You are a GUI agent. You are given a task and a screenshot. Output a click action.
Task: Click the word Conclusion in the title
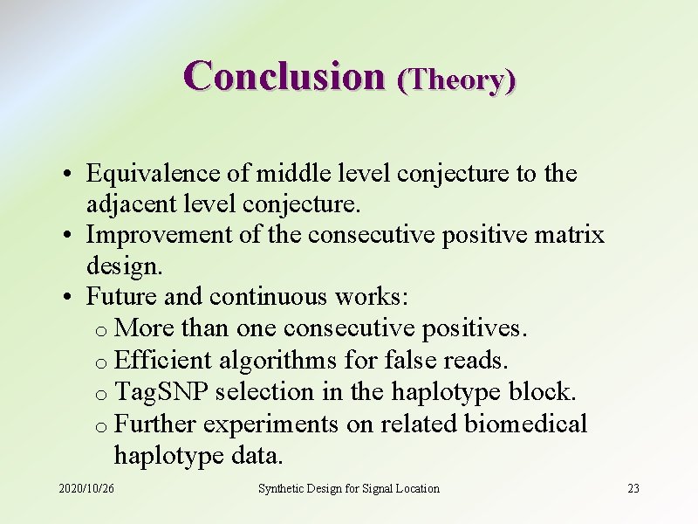click(x=284, y=76)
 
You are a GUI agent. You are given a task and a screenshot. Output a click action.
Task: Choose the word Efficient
click(x=164, y=360)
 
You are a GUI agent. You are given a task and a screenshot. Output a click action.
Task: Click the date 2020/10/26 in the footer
click(x=86, y=488)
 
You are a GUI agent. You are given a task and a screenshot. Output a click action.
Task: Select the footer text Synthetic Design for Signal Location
click(x=349, y=488)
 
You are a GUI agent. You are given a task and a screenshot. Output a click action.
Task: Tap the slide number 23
click(x=633, y=488)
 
